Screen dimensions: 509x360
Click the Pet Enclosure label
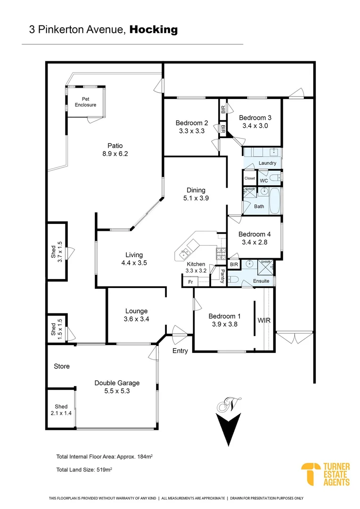85,102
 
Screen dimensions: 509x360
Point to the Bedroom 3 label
255,118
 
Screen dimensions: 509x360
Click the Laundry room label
267,163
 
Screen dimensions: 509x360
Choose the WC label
264,180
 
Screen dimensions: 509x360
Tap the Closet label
250,179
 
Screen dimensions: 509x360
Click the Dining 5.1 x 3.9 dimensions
196,199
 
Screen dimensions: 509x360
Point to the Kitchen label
196,264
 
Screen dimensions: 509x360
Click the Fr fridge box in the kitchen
190,281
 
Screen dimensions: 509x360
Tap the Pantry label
222,276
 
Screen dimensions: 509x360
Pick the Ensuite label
262,281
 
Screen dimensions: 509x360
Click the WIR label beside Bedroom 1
263,320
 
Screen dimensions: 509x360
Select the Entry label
180,351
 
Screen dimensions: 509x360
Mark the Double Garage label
117,383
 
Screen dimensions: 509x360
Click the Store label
62,366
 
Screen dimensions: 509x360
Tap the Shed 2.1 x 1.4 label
61,410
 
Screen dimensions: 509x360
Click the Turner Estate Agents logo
326,474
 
